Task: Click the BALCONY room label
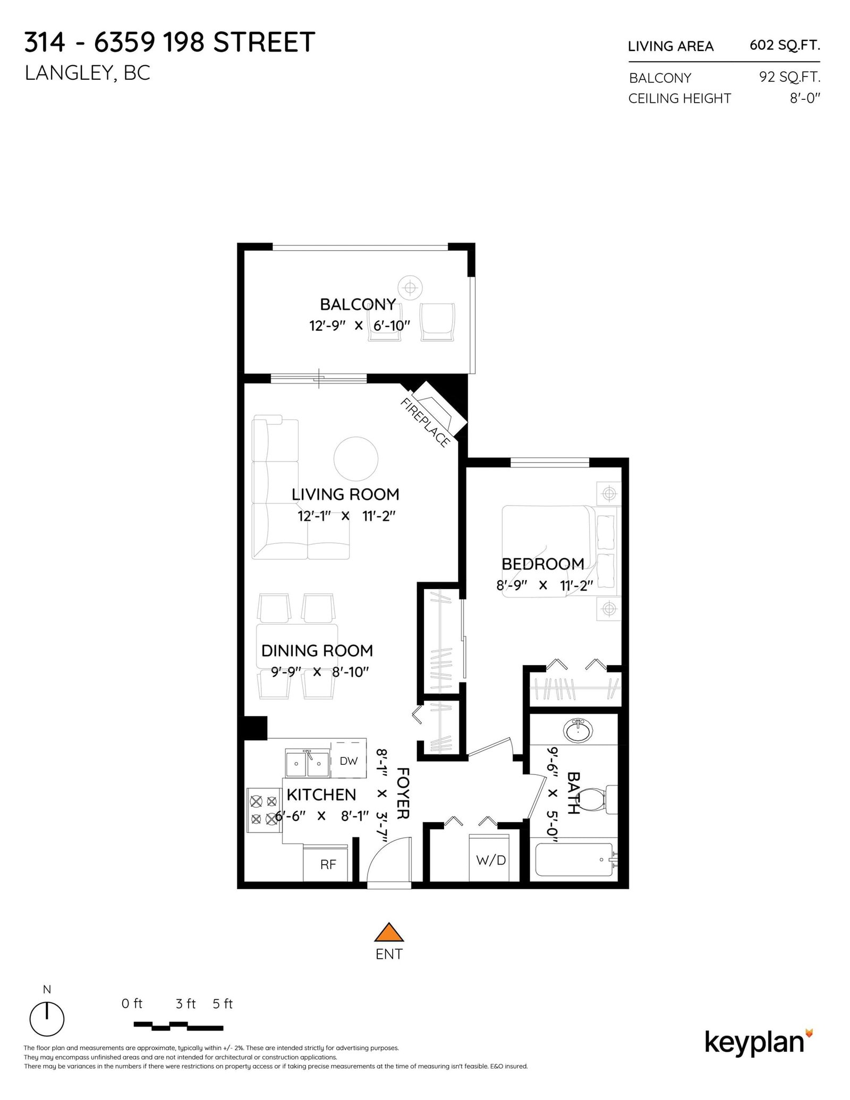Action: tap(358, 304)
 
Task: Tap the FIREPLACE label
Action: tap(426, 422)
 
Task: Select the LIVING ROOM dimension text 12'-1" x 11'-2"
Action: tap(346, 516)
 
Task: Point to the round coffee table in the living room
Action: tap(355, 458)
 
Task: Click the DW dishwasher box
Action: tap(348, 761)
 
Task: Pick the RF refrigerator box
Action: tap(328, 864)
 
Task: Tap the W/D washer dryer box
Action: tap(491, 860)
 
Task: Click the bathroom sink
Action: tap(578, 731)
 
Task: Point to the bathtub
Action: tap(574, 859)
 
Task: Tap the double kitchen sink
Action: tap(307, 763)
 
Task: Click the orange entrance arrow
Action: tap(389, 932)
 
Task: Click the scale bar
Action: tap(178, 1025)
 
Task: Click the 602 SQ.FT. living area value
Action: tap(784, 46)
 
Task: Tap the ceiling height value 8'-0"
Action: tap(804, 98)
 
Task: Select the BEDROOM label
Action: tap(542, 564)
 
